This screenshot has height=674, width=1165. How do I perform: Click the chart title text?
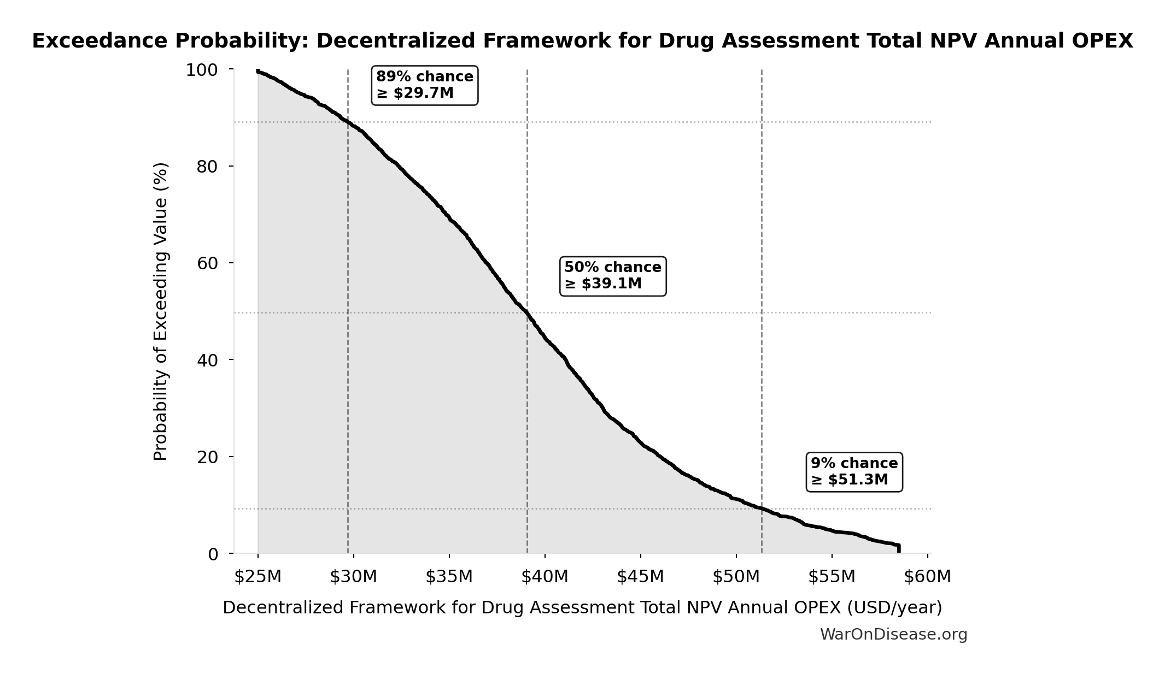coord(582,41)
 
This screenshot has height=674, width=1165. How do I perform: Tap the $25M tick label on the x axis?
coord(257,577)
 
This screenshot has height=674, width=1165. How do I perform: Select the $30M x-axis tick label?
coord(353,577)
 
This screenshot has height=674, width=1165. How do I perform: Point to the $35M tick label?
coord(449,577)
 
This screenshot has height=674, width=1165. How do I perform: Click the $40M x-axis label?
coord(545,577)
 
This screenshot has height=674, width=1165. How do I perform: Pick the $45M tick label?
coord(640,577)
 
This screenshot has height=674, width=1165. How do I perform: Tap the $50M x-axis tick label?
coord(736,577)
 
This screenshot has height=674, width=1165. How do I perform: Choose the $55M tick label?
coord(832,577)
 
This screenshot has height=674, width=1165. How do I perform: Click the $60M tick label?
coord(927,577)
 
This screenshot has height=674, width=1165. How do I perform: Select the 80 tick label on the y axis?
coord(207,167)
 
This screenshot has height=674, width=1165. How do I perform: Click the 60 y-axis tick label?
coord(207,263)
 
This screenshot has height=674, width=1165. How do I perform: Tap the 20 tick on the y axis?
coord(207,457)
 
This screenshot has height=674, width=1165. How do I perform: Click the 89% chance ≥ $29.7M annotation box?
coord(424,85)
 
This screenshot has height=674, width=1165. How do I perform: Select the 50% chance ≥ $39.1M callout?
coord(613,276)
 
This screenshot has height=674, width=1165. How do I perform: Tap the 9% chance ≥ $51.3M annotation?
coord(854,472)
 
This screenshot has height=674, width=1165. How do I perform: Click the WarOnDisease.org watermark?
coord(893,635)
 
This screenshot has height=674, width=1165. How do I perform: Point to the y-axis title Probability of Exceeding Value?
coord(161,311)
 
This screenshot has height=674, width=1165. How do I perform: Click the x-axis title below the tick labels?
coord(582,608)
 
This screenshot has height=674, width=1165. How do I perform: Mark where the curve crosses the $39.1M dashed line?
coord(527,312)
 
